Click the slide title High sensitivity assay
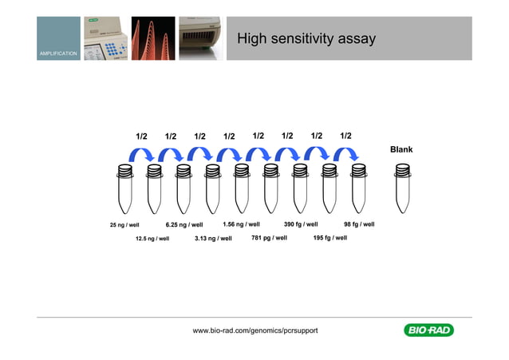306,39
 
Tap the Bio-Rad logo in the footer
428,330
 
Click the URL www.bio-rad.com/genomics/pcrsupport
255,330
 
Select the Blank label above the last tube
401,149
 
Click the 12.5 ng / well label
152,238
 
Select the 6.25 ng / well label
183,225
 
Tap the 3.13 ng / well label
213,238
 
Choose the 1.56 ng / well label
241,224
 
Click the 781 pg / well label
269,238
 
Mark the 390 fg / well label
301,224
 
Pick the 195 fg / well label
329,238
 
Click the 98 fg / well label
359,224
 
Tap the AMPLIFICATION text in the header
58,53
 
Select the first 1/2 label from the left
141,136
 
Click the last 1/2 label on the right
345,136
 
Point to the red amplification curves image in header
152,38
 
